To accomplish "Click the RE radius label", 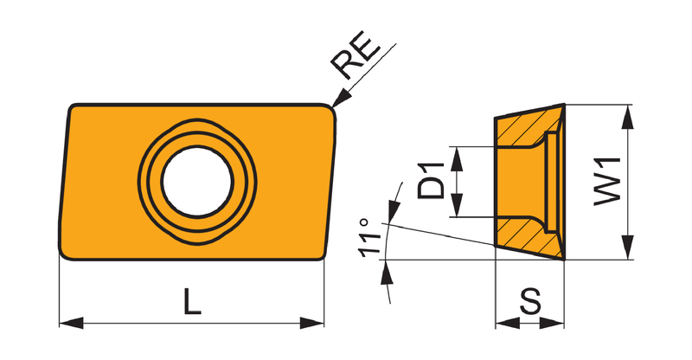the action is pyautogui.click(x=356, y=55).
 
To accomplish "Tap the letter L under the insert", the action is pyautogui.click(x=192, y=301).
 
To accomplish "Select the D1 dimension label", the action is pyautogui.click(x=431, y=181).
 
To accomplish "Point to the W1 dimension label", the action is pyautogui.click(x=608, y=182).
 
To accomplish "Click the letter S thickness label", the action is pyautogui.click(x=530, y=301).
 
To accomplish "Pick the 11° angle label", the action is pyautogui.click(x=369, y=237).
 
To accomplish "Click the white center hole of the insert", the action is pyautogui.click(x=197, y=182).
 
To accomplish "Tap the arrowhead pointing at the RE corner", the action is pyautogui.click(x=340, y=99).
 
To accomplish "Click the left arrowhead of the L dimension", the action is pyautogui.click(x=71, y=323).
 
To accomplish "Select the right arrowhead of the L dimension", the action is pyautogui.click(x=312, y=323).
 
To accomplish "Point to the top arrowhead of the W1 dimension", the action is pyautogui.click(x=627, y=117).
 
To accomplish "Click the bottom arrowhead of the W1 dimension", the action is pyautogui.click(x=627, y=247).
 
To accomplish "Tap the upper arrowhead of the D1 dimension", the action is pyautogui.click(x=458, y=158).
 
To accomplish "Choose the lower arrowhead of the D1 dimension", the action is pyautogui.click(x=458, y=205).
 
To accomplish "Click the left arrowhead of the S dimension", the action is pyautogui.click(x=508, y=323).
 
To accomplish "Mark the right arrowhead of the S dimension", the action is pyautogui.click(x=552, y=323).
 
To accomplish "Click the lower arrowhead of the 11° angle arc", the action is pyautogui.click(x=387, y=272).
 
